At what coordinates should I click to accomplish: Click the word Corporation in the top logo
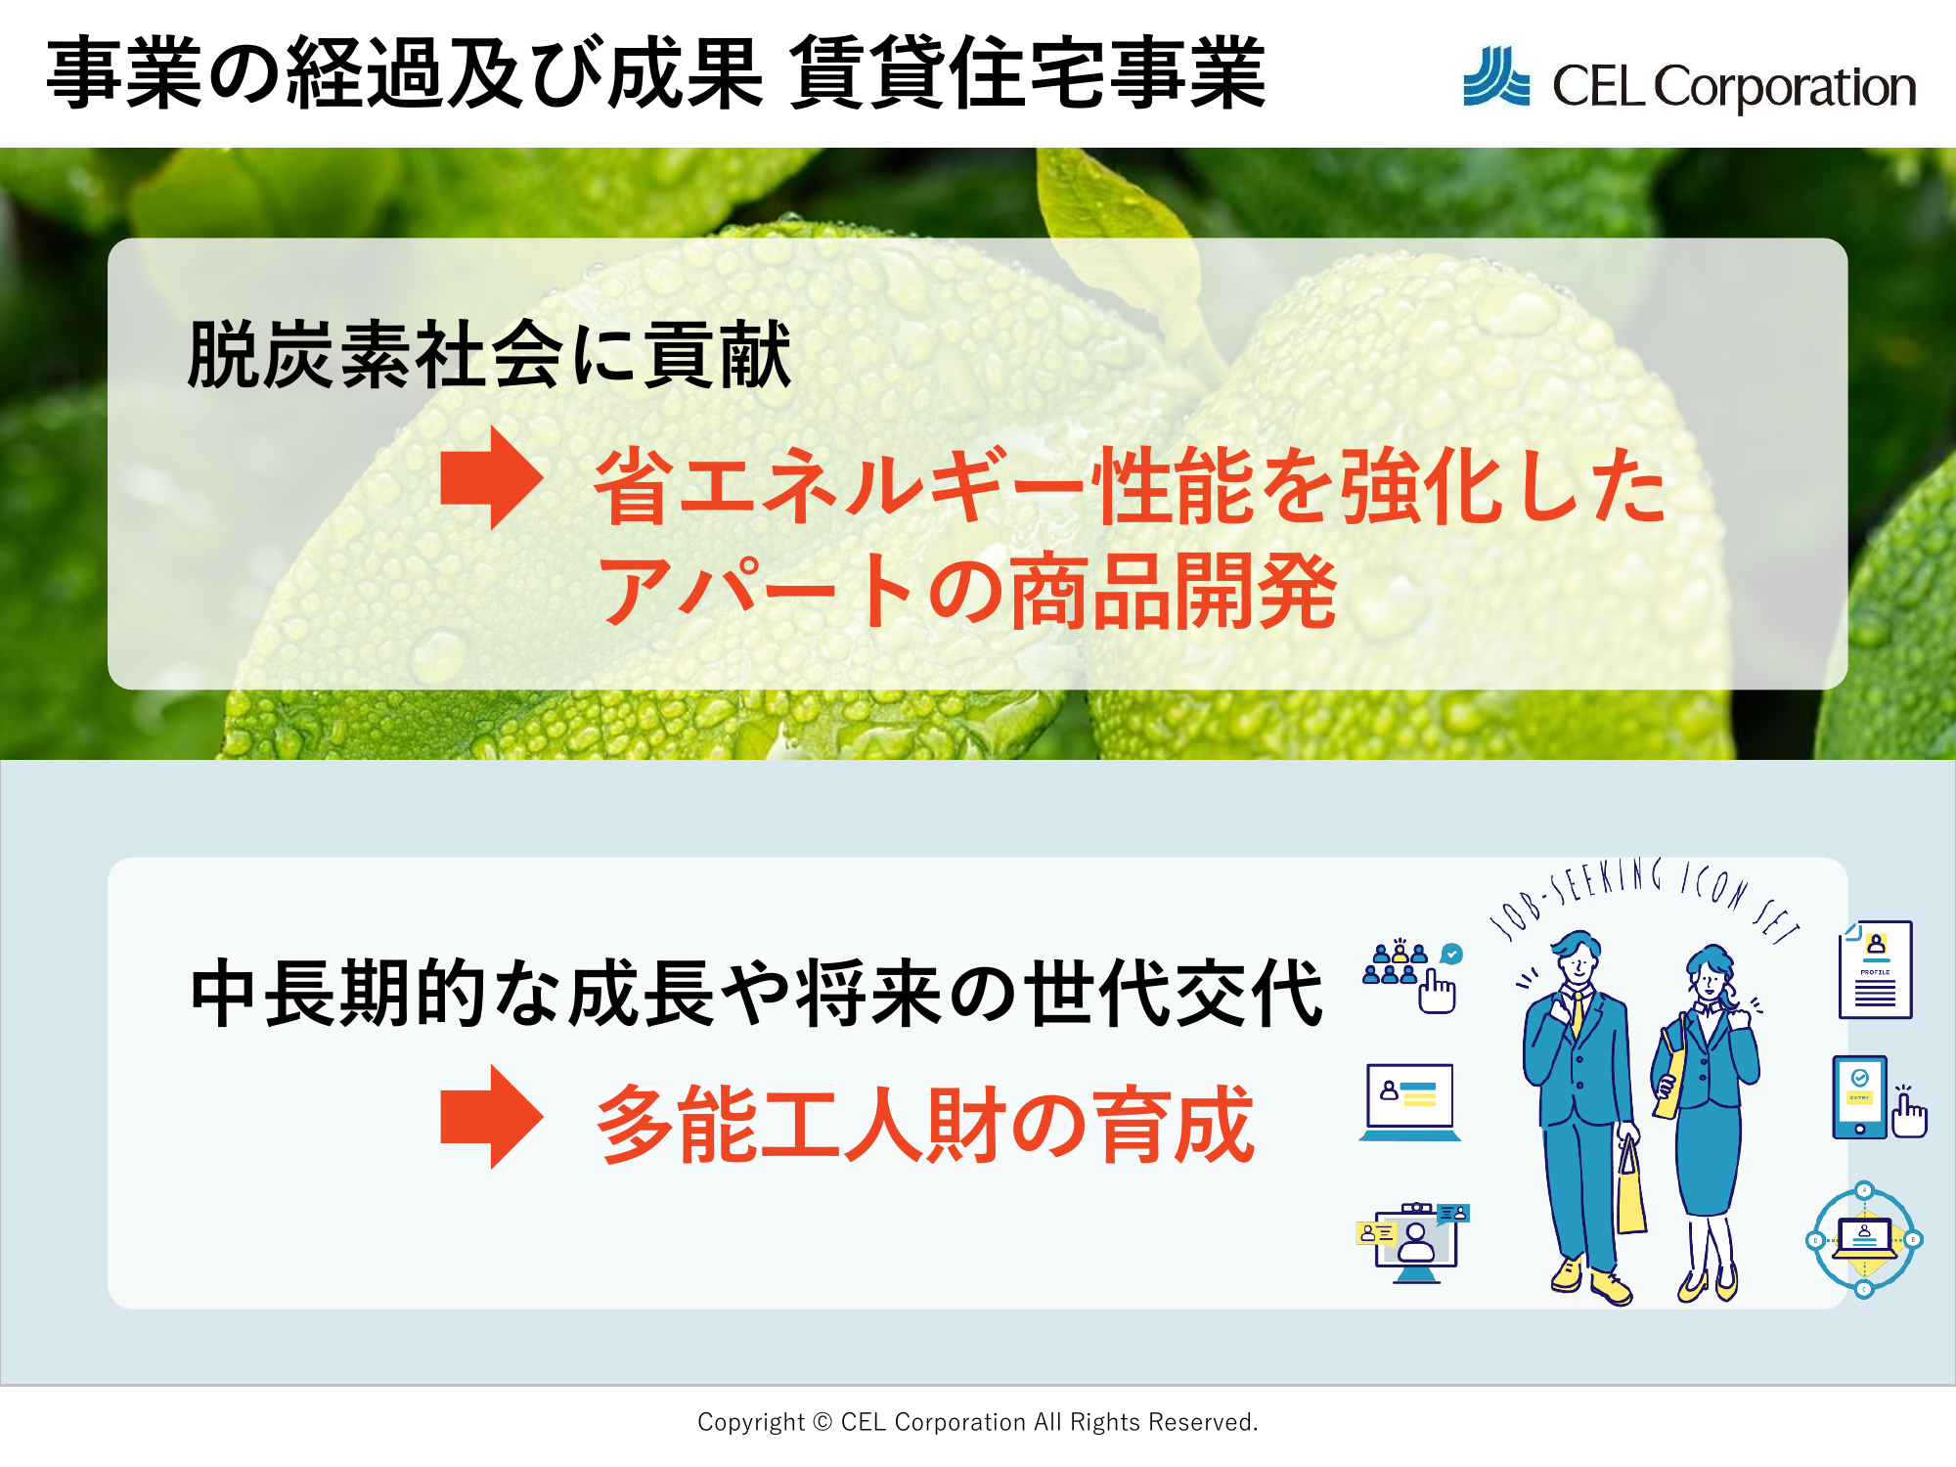[1785, 88]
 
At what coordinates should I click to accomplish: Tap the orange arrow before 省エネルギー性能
[492, 478]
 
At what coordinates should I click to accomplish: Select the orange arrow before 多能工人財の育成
[492, 1117]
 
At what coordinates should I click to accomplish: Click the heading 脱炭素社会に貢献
[489, 355]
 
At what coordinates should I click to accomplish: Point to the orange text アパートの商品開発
[967, 590]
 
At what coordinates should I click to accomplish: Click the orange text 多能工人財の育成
[925, 1125]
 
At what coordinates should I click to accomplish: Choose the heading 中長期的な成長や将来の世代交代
[756, 993]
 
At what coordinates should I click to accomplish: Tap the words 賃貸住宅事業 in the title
[1027, 72]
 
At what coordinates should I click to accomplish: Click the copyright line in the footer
[978, 1422]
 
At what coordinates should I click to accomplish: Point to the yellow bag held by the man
[1630, 1187]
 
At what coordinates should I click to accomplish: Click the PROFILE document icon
[1876, 969]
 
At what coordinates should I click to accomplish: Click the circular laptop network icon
[1864, 1239]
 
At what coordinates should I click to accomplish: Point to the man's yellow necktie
[1577, 1012]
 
